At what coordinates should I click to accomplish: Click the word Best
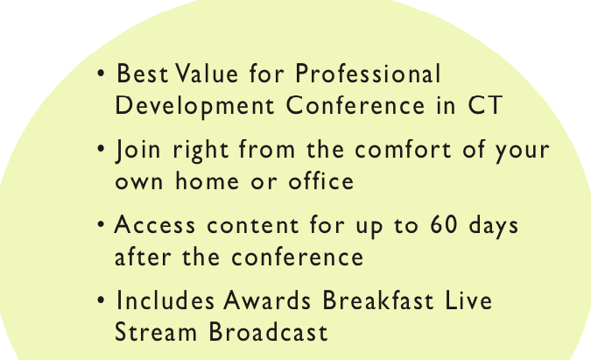(x=142, y=73)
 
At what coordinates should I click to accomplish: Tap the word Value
(x=207, y=73)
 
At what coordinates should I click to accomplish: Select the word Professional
(x=368, y=73)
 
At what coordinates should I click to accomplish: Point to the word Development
(x=194, y=107)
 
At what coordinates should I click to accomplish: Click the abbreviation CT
(x=485, y=105)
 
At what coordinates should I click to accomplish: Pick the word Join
(x=138, y=150)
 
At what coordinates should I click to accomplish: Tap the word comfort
(x=403, y=149)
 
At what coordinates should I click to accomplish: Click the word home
(x=207, y=181)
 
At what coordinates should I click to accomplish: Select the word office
(x=321, y=181)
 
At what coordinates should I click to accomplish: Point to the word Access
(x=155, y=224)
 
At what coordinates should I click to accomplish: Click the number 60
(x=444, y=224)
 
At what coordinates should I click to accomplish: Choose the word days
(x=494, y=226)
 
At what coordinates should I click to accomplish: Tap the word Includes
(x=165, y=300)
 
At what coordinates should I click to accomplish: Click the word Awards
(x=267, y=300)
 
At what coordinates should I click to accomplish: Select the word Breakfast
(x=378, y=300)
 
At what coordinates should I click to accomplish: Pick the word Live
(x=468, y=300)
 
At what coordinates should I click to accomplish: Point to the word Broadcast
(x=268, y=332)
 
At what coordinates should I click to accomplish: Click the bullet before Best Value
(x=101, y=74)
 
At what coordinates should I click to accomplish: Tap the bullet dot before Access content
(x=101, y=224)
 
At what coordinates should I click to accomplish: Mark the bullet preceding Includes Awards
(x=101, y=300)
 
